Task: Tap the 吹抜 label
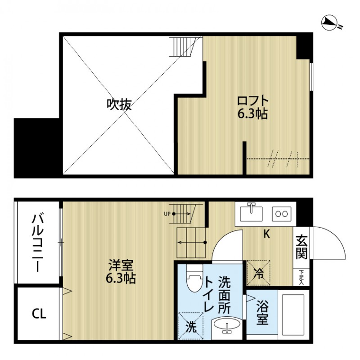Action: click(119, 104)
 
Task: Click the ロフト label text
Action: click(252, 100)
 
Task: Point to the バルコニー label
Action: click(38, 243)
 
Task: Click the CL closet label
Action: click(39, 314)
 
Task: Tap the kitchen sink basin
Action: click(251, 212)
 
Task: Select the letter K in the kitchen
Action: click(266, 234)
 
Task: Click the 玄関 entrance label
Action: click(301, 248)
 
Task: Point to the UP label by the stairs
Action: click(167, 214)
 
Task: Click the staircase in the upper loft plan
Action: click(183, 46)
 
